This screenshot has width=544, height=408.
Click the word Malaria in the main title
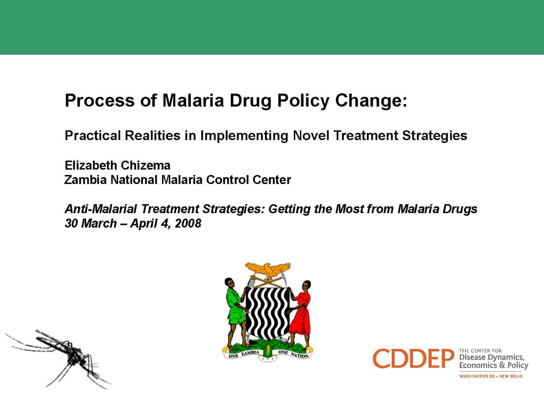(193, 100)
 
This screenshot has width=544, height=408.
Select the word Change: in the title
(371, 100)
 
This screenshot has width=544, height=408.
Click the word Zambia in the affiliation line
(85, 180)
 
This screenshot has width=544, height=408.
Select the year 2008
(188, 223)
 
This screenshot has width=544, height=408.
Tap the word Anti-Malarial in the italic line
(100, 209)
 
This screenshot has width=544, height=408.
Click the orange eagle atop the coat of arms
(267, 270)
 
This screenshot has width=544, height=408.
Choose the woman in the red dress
(300, 315)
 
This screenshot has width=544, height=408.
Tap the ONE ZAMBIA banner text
(244, 354)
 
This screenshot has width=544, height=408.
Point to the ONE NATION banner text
(293, 354)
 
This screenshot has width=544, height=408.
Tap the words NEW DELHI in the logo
(511, 376)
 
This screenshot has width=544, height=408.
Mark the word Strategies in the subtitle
(435, 136)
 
